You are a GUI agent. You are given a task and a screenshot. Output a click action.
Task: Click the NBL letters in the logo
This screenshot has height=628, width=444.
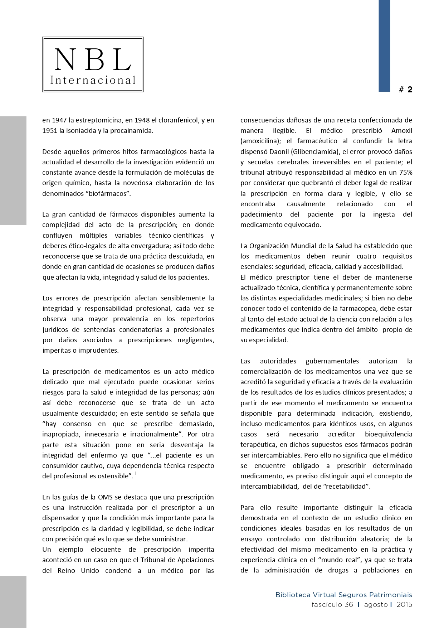pyautogui.click(x=93, y=59)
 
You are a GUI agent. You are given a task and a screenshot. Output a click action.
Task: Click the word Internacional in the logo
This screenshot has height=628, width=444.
pyautogui.click(x=93, y=80)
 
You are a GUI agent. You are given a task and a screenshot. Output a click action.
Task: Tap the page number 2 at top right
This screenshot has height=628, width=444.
pyautogui.click(x=410, y=90)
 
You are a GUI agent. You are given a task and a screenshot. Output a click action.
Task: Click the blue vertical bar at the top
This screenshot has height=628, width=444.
pyautogui.click(x=384, y=46)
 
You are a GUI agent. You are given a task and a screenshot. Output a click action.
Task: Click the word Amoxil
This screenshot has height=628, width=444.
pyautogui.click(x=402, y=131)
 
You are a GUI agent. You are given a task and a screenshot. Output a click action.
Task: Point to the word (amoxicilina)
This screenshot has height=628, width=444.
pyautogui.click(x=260, y=141)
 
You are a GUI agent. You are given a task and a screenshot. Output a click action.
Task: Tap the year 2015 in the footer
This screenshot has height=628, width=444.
pyautogui.click(x=404, y=605)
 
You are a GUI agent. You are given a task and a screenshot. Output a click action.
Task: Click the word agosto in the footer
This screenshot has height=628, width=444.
pyautogui.click(x=376, y=605)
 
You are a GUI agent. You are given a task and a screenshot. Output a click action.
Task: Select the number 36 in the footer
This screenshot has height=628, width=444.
pyautogui.click(x=349, y=605)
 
